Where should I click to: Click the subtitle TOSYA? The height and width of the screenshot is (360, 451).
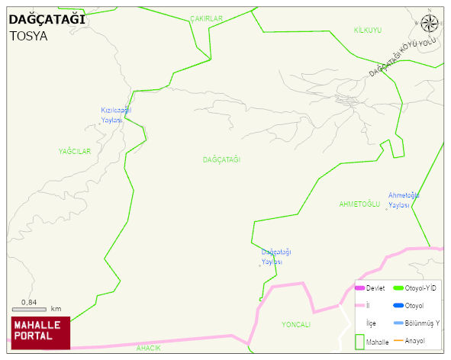(x=28, y=35)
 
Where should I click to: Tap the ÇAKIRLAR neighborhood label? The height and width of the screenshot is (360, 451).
(x=206, y=18)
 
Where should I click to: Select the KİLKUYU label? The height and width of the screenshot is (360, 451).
(x=367, y=30)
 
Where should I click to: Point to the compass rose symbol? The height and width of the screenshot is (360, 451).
(x=430, y=23)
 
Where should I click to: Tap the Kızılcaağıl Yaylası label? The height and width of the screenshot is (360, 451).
(x=116, y=115)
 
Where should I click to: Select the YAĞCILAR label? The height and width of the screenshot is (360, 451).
(x=74, y=152)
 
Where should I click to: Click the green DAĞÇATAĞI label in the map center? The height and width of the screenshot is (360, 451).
(x=221, y=159)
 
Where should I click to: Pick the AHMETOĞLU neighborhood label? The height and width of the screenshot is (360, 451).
(x=359, y=204)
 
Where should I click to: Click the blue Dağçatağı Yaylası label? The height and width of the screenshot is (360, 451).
(x=276, y=257)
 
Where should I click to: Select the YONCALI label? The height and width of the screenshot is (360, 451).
(x=296, y=325)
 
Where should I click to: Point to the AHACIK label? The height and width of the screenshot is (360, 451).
(x=148, y=349)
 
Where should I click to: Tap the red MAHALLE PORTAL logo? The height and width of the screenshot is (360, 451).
(x=40, y=330)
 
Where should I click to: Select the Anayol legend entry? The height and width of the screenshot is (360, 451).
(x=414, y=340)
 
